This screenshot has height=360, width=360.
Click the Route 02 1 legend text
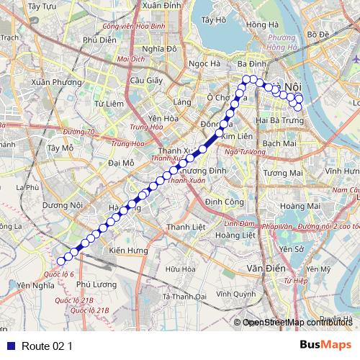point(48,346)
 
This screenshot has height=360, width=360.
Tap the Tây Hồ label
point(215,19)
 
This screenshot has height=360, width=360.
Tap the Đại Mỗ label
point(121,163)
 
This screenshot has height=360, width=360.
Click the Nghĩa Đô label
point(159,49)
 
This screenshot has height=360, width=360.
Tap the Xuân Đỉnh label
point(161,5)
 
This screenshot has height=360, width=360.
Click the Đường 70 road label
point(78,131)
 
